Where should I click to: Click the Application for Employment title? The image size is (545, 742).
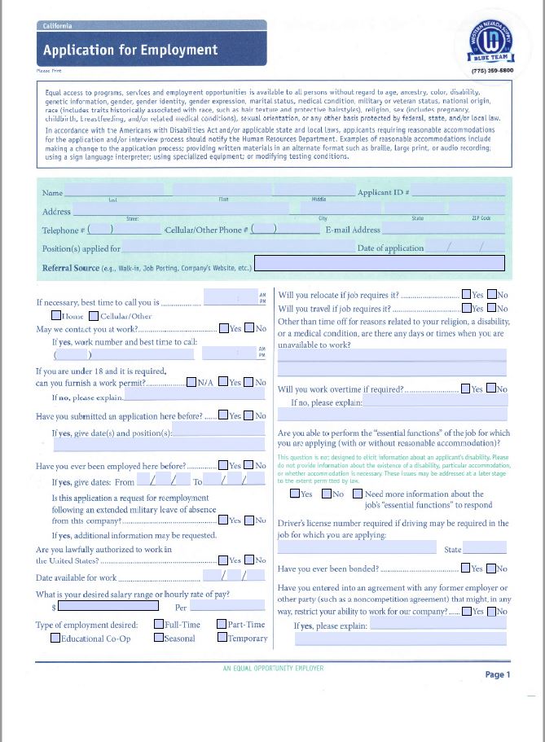[x=130, y=50]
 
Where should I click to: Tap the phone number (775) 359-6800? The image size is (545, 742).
[x=492, y=71]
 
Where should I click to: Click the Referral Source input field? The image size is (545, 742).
[x=380, y=263]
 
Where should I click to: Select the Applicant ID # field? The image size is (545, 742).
[x=457, y=193]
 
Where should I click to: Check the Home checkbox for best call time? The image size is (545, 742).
[x=55, y=316]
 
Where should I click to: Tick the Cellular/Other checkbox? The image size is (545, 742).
[x=94, y=316]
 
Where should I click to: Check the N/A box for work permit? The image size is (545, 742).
[x=191, y=382]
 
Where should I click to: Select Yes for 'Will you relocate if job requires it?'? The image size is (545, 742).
[x=466, y=295]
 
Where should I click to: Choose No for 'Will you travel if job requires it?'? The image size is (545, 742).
[x=491, y=309]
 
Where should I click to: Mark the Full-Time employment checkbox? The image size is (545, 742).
[x=159, y=625]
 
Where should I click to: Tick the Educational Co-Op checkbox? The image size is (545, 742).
[x=55, y=638]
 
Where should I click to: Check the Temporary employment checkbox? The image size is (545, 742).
[x=222, y=638]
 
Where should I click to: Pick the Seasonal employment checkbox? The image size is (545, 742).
[x=159, y=638]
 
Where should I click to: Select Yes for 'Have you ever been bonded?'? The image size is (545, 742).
[x=466, y=569]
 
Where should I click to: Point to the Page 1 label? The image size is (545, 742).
[x=497, y=674]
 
